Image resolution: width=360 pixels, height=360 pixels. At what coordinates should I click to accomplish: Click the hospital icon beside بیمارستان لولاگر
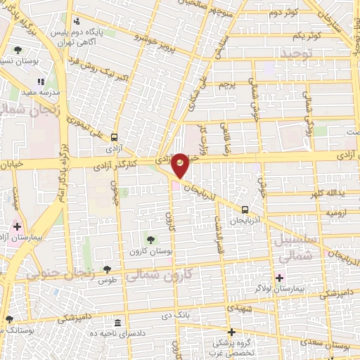click(x=280, y=278)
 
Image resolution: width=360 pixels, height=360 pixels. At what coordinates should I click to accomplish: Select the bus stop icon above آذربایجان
click(x=245, y=210)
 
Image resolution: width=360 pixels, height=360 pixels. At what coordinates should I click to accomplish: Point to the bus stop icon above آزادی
click(x=114, y=138)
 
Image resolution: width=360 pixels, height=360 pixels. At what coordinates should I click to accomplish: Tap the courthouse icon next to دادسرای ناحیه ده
click(x=117, y=323)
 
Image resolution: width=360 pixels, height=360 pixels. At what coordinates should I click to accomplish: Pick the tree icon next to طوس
click(x=107, y=269)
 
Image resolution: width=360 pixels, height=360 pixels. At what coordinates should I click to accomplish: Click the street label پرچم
click(x=226, y=85)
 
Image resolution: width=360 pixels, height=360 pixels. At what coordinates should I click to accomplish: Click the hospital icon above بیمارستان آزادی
click(x=17, y=226)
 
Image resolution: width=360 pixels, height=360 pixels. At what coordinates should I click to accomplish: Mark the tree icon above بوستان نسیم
click(x=18, y=49)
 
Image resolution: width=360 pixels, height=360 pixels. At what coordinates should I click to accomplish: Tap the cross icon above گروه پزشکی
click(x=231, y=331)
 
